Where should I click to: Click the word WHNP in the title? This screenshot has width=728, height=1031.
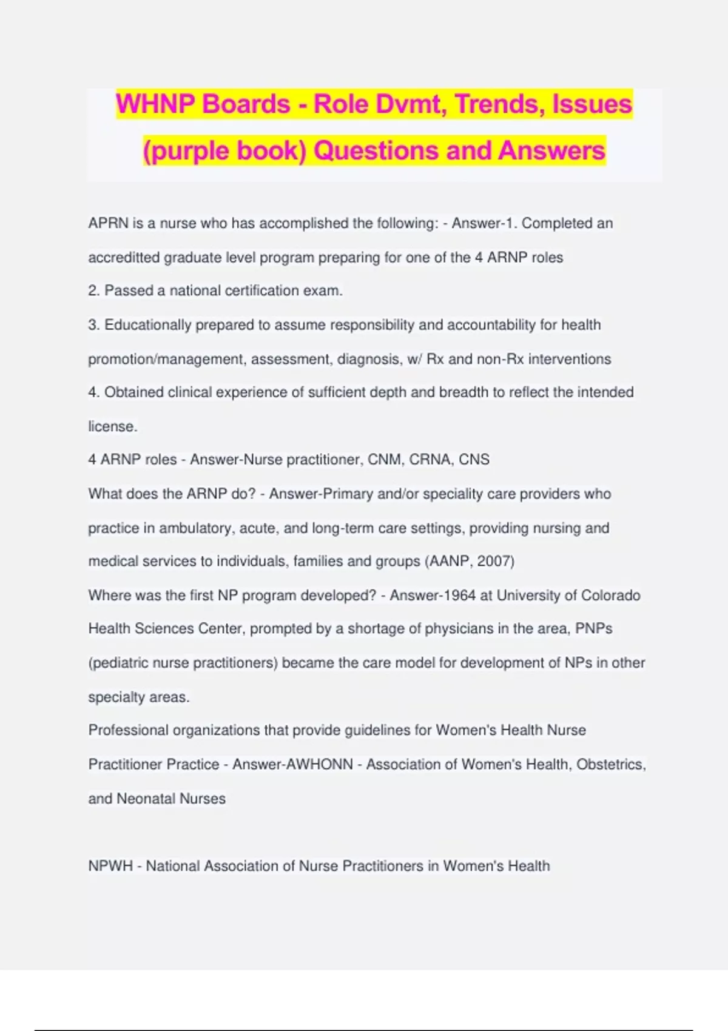tap(154, 104)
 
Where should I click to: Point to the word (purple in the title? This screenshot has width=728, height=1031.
tap(186, 151)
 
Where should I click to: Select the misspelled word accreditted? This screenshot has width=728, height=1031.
tap(124, 258)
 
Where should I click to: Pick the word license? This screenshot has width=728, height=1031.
tap(112, 426)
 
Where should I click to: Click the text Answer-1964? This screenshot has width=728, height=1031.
tap(433, 596)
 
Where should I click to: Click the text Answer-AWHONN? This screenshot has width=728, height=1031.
tap(292, 765)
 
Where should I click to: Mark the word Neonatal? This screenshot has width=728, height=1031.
tap(144, 799)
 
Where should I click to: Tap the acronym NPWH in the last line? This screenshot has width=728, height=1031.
tap(110, 866)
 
